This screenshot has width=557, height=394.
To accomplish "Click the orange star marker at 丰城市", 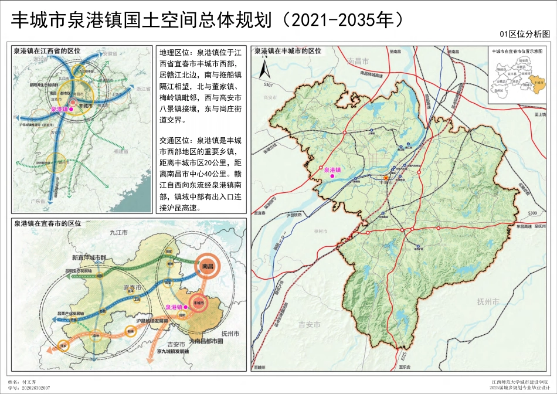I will click(x=386, y=177).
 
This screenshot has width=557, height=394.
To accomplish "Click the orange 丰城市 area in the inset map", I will click(x=535, y=81).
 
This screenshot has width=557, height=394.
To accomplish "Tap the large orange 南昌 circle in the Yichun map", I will click(x=206, y=266).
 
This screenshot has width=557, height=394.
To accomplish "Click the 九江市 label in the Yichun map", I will click(x=119, y=233).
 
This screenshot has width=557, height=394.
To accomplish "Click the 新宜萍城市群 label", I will click(x=88, y=257).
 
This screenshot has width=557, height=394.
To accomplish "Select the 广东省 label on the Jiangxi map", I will click(x=38, y=201).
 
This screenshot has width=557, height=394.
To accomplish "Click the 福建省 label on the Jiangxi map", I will click(x=122, y=151).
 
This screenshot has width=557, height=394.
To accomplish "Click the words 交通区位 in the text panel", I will click(x=173, y=141).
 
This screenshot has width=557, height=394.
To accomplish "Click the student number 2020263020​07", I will click(x=36, y=388).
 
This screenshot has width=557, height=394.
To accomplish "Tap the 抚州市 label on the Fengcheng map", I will click(x=488, y=302).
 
